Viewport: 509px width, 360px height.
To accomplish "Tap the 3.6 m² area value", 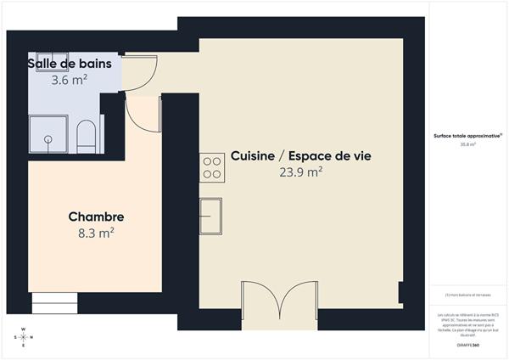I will point(70,81).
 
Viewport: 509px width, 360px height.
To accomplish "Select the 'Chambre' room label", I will point(96,217).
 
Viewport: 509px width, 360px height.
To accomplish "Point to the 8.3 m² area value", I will point(96,233).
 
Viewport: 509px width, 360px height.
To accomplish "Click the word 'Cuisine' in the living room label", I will point(253,156).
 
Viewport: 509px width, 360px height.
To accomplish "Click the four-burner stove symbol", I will point(212,167).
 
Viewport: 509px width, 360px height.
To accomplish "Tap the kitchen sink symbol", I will point(211,216).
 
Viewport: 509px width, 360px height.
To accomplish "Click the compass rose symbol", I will point(24,338).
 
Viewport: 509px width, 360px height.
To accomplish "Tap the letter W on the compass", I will point(24,329).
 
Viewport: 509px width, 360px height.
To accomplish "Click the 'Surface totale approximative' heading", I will point(467,136).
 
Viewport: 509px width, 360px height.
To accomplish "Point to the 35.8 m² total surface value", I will point(467,144).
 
